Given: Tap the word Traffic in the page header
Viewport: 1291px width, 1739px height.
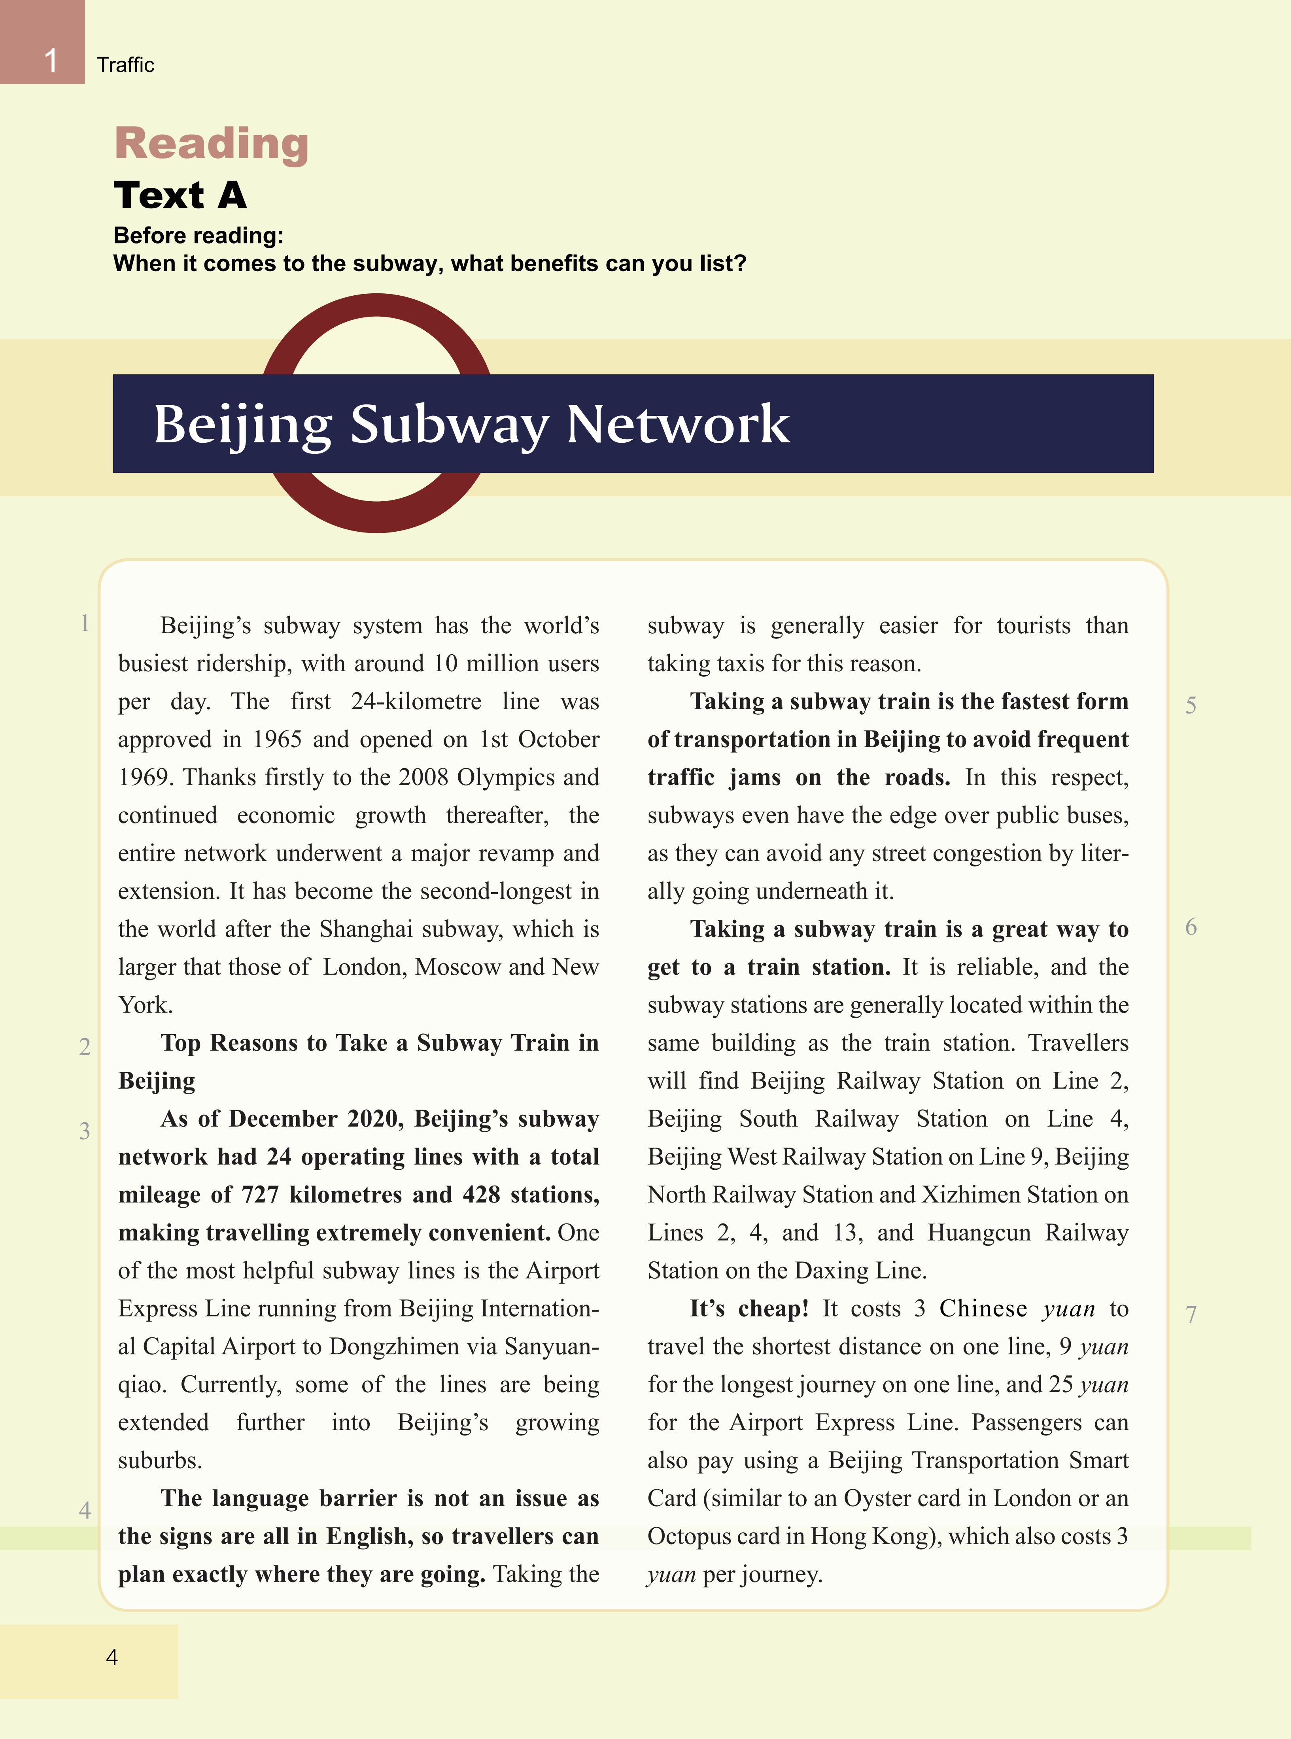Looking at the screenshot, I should (125, 65).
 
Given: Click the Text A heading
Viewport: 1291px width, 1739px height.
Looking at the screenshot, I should (180, 195).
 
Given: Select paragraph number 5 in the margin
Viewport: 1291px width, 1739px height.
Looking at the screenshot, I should (1190, 705).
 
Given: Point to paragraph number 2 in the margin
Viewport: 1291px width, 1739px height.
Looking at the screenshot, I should (84, 1047).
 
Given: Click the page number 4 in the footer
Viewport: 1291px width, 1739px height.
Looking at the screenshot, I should (112, 1657).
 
